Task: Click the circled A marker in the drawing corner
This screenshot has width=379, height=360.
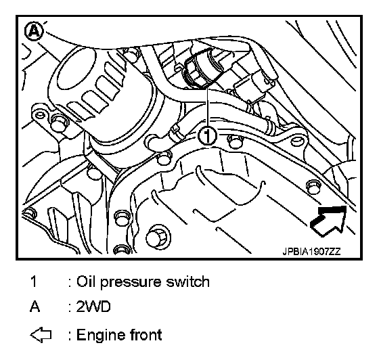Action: pos(35,31)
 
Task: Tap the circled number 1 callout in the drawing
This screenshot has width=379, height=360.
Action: pos(207,136)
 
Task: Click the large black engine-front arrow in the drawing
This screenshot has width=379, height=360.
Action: pos(328,221)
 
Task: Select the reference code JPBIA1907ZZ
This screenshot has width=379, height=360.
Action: pos(311,252)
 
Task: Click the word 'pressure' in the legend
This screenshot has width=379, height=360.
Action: pos(131,282)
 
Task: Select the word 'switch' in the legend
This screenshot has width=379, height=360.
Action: pos(187,282)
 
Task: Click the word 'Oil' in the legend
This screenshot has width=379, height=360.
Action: pos(86,282)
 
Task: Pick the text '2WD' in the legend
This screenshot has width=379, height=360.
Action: pos(93,307)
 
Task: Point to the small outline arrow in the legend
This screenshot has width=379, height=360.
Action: pos(41,335)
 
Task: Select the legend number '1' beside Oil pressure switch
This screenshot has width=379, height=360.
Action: pos(34,282)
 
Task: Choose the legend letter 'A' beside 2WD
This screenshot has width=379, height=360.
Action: pos(35,307)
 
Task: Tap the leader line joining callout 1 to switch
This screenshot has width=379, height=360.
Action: pos(207,108)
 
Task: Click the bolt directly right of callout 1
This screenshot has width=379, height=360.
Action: pos(235,141)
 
